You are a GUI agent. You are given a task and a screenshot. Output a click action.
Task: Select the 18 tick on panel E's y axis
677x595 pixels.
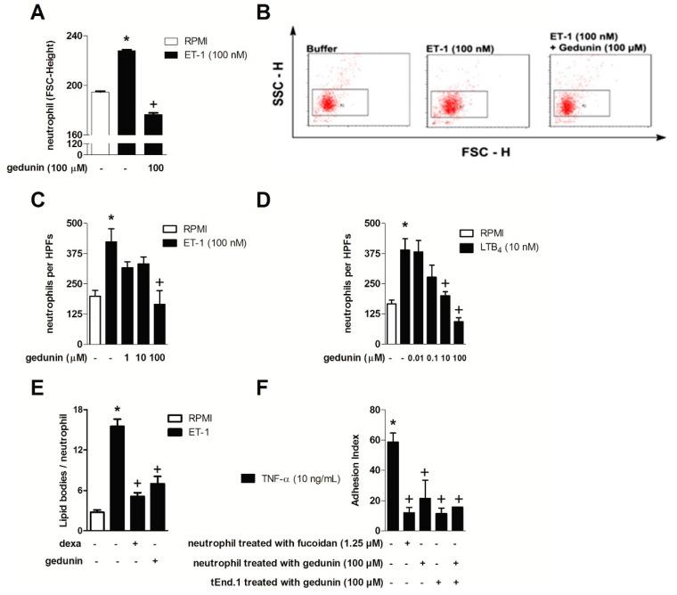point(78,410)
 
